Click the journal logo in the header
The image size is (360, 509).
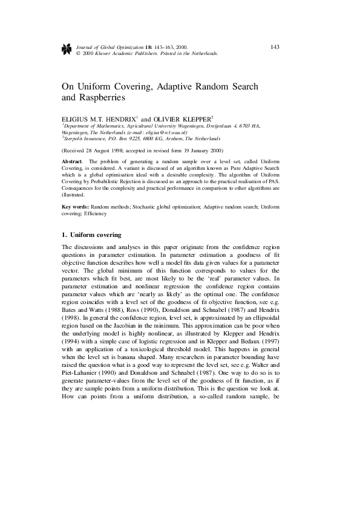point(67,50)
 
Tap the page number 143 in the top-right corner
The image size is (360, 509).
point(275,47)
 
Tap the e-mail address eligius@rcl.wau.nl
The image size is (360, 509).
point(164,132)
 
